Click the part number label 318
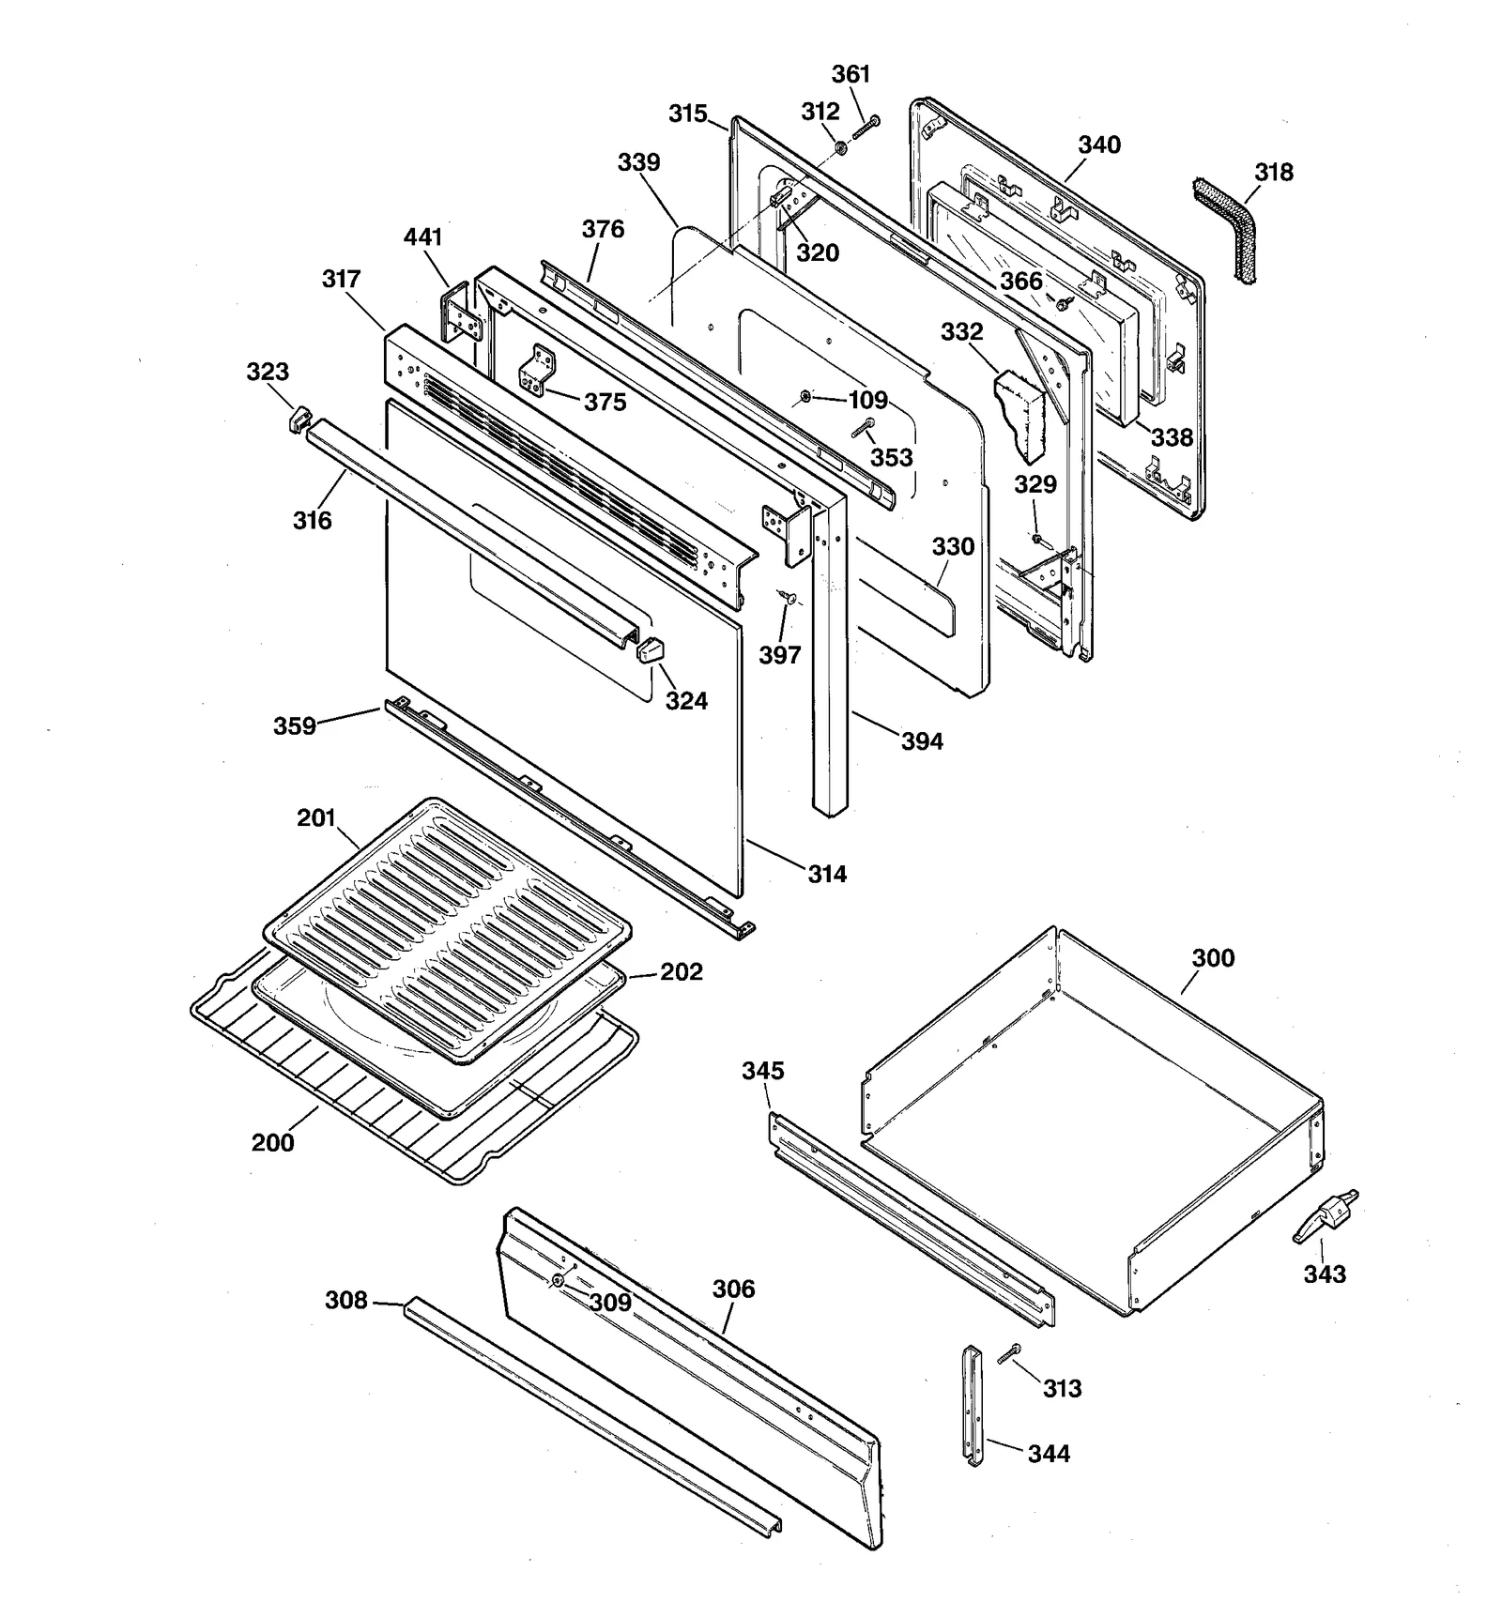pyautogui.click(x=1273, y=173)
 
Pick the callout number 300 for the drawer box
pyautogui.click(x=1213, y=958)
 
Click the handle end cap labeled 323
pyautogui.click(x=298, y=419)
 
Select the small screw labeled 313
pyautogui.click(x=1009, y=1353)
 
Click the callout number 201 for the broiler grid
pyautogui.click(x=316, y=818)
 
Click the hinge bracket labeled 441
pyautogui.click(x=461, y=313)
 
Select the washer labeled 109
pyautogui.click(x=805, y=398)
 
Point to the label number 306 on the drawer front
pyautogui.click(x=733, y=1289)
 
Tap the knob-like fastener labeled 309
pyautogui.click(x=559, y=1280)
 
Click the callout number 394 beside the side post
pyautogui.click(x=922, y=741)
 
